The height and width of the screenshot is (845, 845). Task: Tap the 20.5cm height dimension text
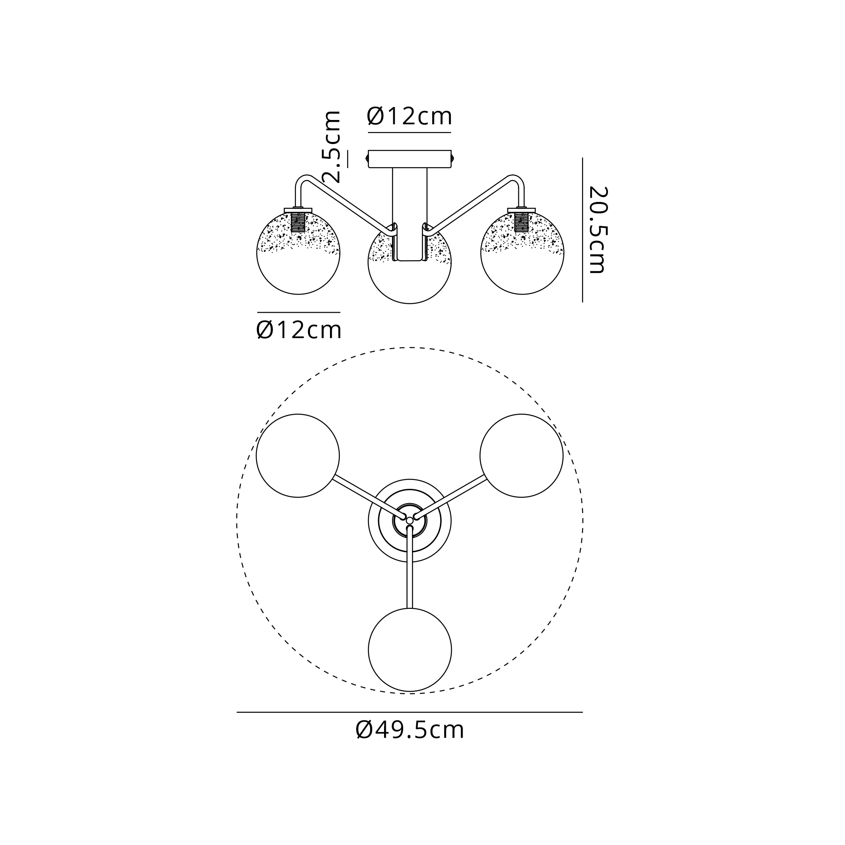tap(597, 230)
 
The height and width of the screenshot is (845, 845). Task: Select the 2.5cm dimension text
tap(331, 147)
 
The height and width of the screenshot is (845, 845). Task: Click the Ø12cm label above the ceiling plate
tap(409, 116)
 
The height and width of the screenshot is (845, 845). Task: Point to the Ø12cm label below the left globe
tap(298, 330)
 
